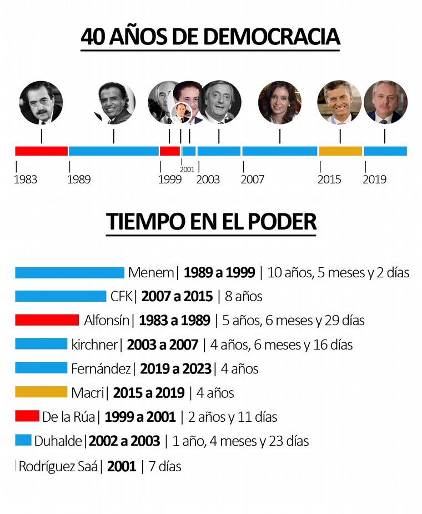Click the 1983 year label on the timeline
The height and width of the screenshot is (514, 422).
pyautogui.click(x=26, y=179)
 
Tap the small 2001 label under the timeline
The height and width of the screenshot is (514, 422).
pyautogui.click(x=187, y=169)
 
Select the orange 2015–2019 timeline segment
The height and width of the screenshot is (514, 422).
pyautogui.click(x=340, y=151)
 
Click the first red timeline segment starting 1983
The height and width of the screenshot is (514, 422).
pyautogui.click(x=41, y=151)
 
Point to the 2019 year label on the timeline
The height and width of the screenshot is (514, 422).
pyautogui.click(x=375, y=179)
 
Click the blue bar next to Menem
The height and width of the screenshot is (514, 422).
pyautogui.click(x=69, y=273)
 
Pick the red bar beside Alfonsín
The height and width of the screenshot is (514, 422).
pyautogui.click(x=47, y=320)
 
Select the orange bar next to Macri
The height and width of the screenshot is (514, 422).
pyautogui.click(x=41, y=392)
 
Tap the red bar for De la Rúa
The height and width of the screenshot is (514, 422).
pyautogui.click(x=27, y=416)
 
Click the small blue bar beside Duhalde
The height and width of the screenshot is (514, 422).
pyautogui.click(x=23, y=440)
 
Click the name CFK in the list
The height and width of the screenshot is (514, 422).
pyautogui.click(x=121, y=296)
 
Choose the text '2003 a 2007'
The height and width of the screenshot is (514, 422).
pyautogui.click(x=162, y=345)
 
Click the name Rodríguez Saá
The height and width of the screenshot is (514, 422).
pyautogui.click(x=58, y=466)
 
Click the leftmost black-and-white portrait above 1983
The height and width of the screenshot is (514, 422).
pyautogui.click(x=41, y=102)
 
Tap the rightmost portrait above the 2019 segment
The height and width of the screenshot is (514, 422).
pyautogui.click(x=385, y=102)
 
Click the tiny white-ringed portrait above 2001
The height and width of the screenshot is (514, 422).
pyautogui.click(x=180, y=113)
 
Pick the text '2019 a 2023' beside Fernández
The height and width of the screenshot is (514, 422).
pyautogui.click(x=175, y=368)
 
